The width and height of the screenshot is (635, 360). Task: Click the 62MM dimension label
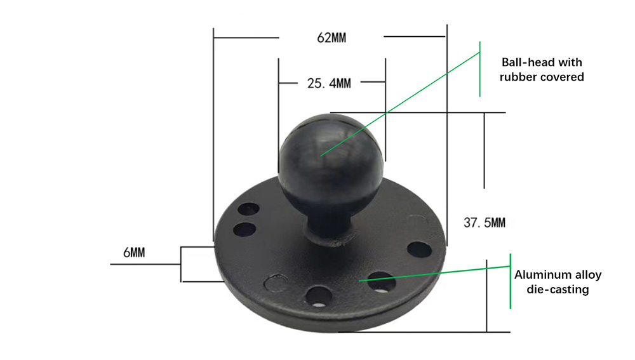click(x=331, y=38)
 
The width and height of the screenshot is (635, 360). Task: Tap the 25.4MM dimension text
click(x=329, y=83)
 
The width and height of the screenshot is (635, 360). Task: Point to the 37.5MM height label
click(x=485, y=223)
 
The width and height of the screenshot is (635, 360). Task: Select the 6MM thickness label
click(x=134, y=253)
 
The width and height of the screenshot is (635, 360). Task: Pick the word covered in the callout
click(x=562, y=77)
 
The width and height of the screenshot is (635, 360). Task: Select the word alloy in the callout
click(x=589, y=276)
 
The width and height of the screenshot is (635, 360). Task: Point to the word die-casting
click(x=558, y=290)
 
